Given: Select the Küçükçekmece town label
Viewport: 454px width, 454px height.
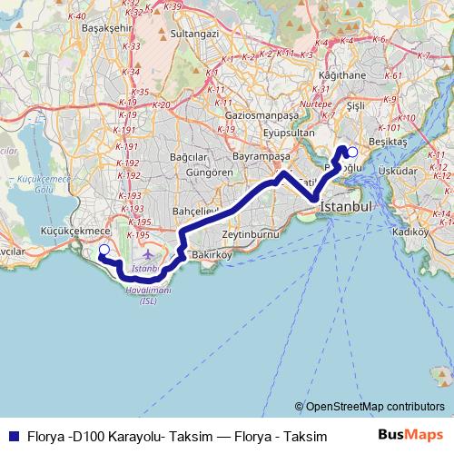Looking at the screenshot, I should [71, 232].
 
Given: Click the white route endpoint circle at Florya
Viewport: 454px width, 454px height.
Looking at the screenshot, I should [104, 250].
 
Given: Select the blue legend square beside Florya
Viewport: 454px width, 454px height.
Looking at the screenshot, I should [12, 436].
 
